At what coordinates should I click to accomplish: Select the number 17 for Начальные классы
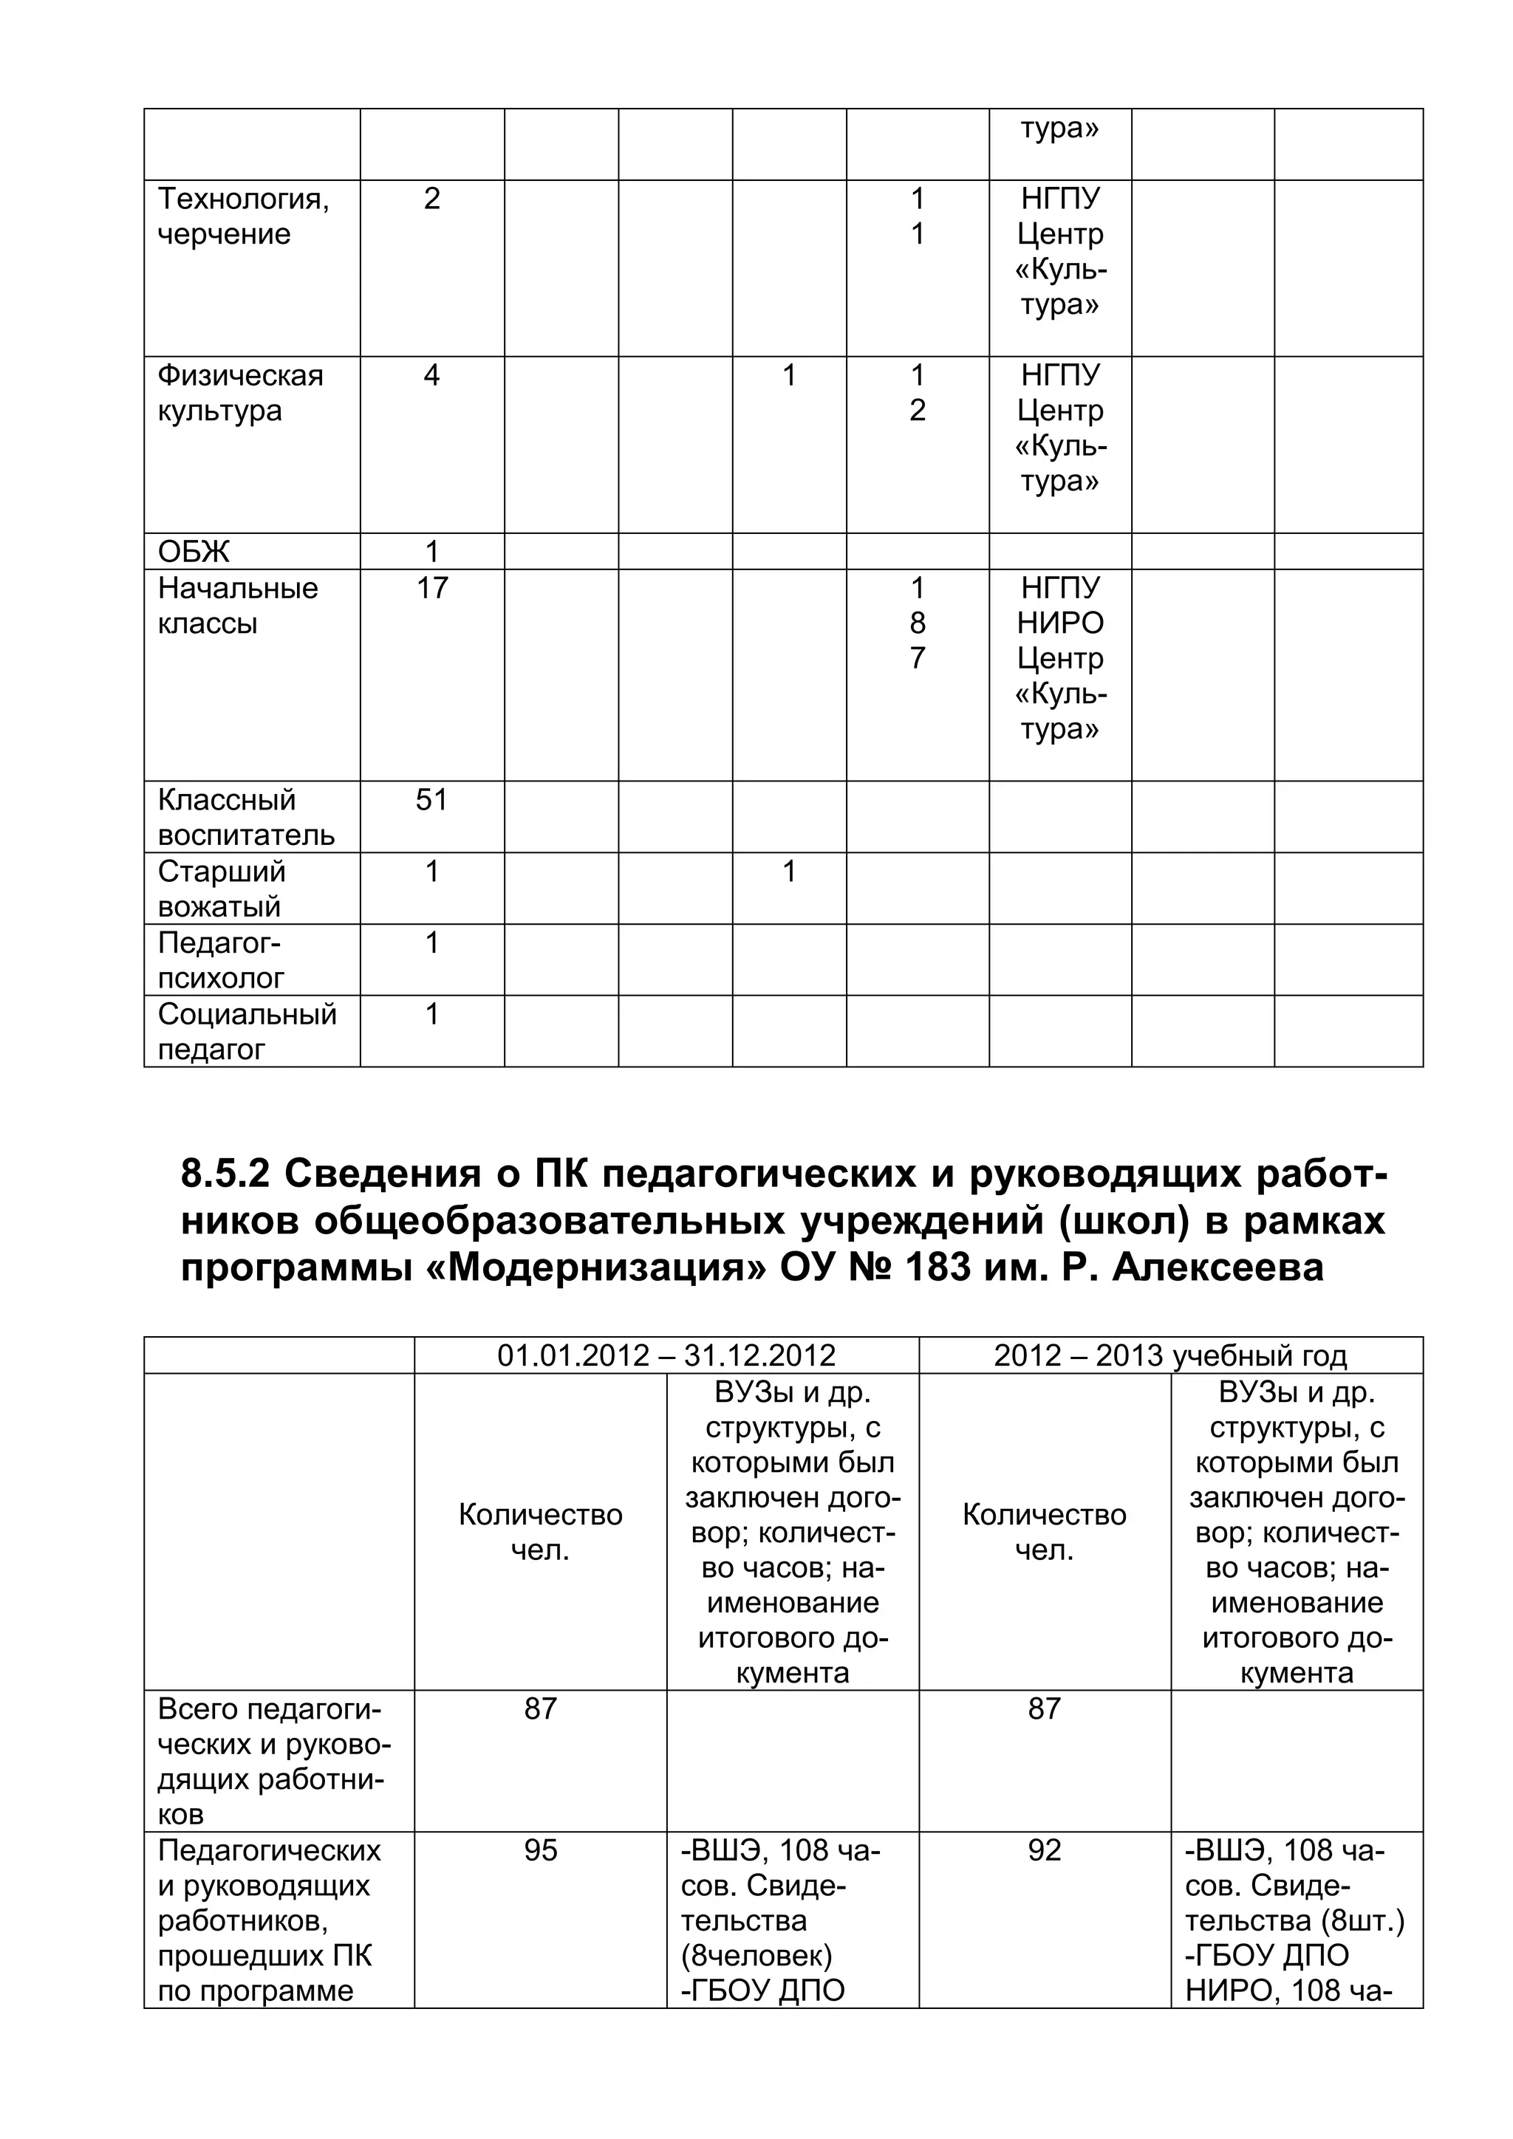[x=431, y=588]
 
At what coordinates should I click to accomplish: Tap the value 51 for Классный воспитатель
[x=431, y=799]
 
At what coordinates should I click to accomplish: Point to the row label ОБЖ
[x=193, y=552]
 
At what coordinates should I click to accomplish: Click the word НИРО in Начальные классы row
[x=1059, y=623]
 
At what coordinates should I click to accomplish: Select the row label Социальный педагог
[x=246, y=1031]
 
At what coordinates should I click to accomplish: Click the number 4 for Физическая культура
[x=431, y=375]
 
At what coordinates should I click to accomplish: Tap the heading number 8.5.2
[x=225, y=1175]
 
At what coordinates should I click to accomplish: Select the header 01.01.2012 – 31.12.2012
[x=666, y=1355]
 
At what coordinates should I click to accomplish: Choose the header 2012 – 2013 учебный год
[x=1170, y=1355]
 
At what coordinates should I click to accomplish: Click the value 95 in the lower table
[x=540, y=1850]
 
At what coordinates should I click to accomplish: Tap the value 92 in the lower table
[x=1045, y=1850]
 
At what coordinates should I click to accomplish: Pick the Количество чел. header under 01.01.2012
[x=540, y=1533]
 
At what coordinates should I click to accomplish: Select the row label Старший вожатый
[x=221, y=888]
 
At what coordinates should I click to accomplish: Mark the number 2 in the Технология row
[x=431, y=199]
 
